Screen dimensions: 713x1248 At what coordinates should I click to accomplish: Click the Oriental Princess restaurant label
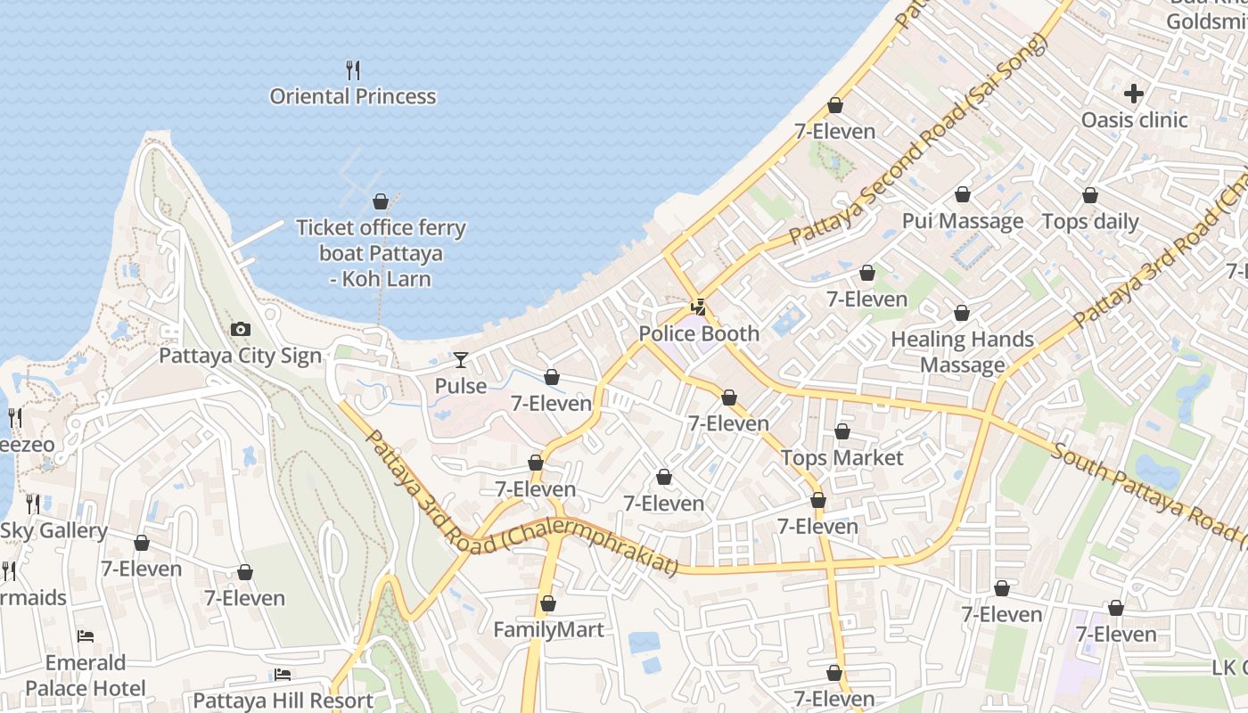coord(353,96)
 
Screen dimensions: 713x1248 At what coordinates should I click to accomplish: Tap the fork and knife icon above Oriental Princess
coord(353,70)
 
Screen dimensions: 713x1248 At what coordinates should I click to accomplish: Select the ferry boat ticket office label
coord(381,253)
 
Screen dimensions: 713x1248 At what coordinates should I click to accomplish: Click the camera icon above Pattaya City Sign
coord(240,330)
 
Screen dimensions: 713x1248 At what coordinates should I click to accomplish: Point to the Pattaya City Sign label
coord(240,356)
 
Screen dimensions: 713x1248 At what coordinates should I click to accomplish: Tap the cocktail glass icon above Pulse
coord(460,360)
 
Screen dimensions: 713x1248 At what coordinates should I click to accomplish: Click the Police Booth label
coord(699,333)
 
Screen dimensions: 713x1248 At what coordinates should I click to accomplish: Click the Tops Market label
coord(842,458)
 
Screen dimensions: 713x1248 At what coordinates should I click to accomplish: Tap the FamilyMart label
coord(548,630)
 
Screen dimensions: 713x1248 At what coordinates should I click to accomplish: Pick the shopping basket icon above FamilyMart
coord(548,604)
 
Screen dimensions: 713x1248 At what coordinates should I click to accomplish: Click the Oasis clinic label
coord(1134,119)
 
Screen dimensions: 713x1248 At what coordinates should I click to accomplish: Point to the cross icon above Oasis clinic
coord(1134,93)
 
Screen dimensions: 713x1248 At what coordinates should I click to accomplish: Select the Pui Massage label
coord(963,221)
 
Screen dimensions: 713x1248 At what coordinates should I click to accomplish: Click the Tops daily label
coord(1089,221)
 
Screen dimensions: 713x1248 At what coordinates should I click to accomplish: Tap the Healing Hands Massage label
coord(963,352)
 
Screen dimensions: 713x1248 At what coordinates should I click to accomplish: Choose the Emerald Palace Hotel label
coord(85,676)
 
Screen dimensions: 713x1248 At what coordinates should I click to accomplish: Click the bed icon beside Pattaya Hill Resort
coord(283,675)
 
